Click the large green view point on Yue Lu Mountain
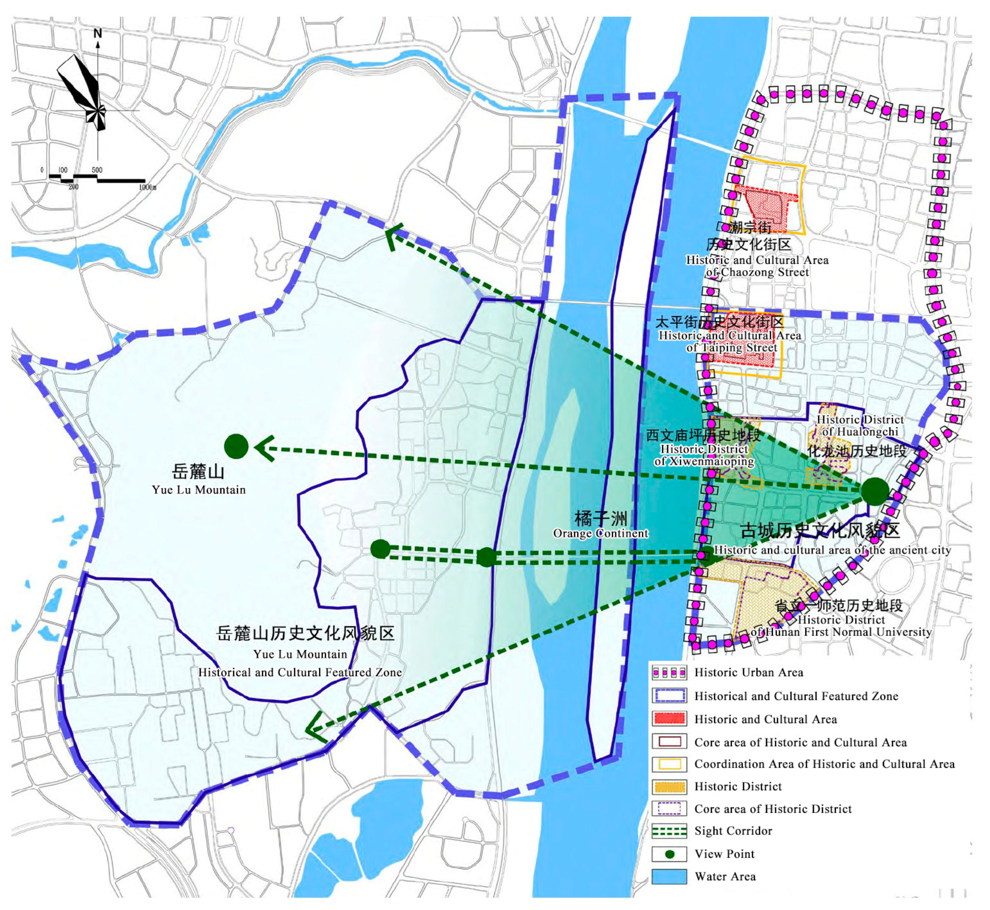(236, 446)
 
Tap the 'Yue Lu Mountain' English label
(198, 489)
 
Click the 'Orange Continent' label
(601, 533)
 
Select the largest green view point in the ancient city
(875, 491)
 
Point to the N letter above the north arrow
(98, 33)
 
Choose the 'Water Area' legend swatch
(669, 877)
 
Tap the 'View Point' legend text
(724, 854)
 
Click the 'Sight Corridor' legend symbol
(669, 831)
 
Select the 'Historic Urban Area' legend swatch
(669, 672)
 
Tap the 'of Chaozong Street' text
(757, 272)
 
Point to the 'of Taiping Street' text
(732, 348)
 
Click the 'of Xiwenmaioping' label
(704, 461)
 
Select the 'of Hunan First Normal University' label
(841, 632)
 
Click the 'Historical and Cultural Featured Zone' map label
(300, 672)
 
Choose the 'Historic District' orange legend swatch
(669, 786)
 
